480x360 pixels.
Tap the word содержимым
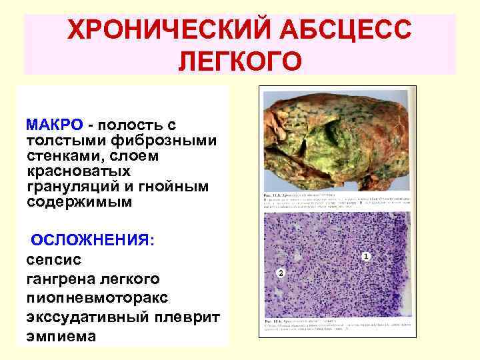click(x=79, y=201)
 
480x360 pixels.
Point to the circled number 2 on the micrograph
click(x=281, y=273)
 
